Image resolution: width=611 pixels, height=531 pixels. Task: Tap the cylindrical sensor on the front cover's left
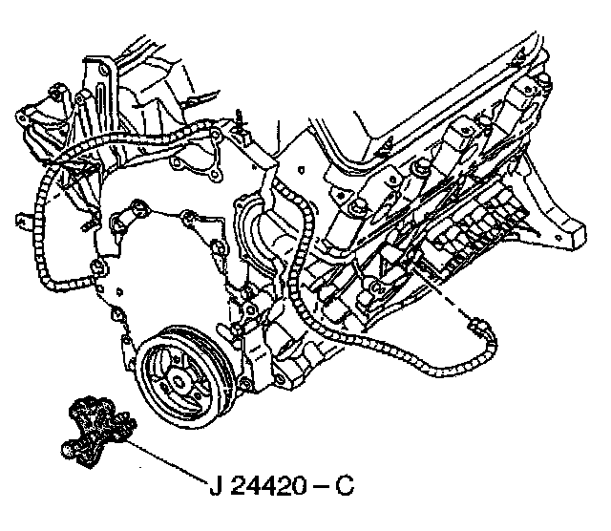(121, 223)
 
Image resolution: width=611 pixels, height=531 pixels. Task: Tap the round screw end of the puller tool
(67, 446)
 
